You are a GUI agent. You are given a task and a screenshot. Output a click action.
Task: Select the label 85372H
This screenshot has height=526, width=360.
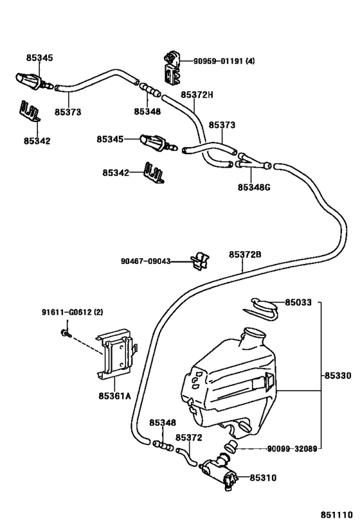[197, 95]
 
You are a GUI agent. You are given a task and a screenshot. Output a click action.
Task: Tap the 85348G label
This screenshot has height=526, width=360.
[254, 187]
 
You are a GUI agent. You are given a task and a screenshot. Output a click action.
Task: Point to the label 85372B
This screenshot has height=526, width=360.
[245, 254]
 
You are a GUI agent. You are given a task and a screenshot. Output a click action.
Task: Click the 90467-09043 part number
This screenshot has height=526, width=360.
[146, 261]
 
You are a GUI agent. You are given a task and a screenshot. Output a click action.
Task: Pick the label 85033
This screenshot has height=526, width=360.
[298, 302]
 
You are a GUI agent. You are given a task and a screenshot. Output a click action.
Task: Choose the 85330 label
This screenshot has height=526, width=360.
[337, 375]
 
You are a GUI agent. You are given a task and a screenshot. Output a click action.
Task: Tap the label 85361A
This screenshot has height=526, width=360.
[114, 396]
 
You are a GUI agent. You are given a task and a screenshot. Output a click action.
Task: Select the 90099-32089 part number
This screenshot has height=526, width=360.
[292, 448]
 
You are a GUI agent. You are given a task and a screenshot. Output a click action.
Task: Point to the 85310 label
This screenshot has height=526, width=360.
[263, 478]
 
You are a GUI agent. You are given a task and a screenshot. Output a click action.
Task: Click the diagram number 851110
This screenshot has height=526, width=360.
[336, 515]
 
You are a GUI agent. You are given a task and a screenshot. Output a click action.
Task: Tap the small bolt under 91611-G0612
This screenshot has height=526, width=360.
[66, 333]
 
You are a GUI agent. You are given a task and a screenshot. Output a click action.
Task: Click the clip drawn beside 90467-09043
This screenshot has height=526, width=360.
[200, 261]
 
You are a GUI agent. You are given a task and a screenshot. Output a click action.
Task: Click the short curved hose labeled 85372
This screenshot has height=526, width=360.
[186, 457]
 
